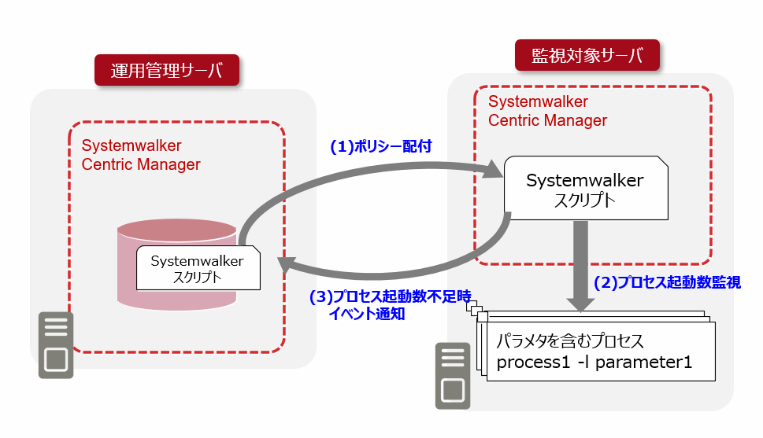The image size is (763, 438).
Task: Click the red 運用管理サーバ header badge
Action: pyautogui.click(x=167, y=70)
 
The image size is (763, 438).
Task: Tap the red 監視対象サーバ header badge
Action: pyautogui.click(x=587, y=55)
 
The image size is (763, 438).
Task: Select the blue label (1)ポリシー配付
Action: pyautogui.click(x=381, y=146)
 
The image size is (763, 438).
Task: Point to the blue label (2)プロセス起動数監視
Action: pyautogui.click(x=667, y=282)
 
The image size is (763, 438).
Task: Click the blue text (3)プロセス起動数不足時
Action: pyautogui.click(x=391, y=296)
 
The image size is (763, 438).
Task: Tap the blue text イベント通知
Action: pyautogui.click(x=367, y=314)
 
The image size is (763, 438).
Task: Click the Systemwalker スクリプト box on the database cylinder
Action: pyautogui.click(x=198, y=268)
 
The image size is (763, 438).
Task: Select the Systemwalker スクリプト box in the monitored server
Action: pyautogui.click(x=586, y=188)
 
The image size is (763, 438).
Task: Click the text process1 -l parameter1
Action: pyautogui.click(x=594, y=363)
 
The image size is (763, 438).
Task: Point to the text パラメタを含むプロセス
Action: pyautogui.click(x=570, y=340)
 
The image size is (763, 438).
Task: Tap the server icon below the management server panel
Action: pyautogui.click(x=56, y=345)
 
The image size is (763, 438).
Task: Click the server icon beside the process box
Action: pyautogui.click(x=453, y=376)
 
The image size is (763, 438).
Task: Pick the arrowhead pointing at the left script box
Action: pyautogui.click(x=287, y=265)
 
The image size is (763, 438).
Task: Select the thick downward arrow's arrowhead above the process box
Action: pyautogui.click(x=580, y=304)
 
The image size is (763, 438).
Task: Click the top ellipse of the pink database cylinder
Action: pyautogui.click(x=177, y=230)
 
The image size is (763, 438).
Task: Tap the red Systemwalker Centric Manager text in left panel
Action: pyautogui.click(x=141, y=155)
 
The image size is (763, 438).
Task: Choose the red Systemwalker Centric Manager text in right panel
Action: pyautogui.click(x=547, y=111)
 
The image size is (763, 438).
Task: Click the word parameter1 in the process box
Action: pyautogui.click(x=643, y=363)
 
